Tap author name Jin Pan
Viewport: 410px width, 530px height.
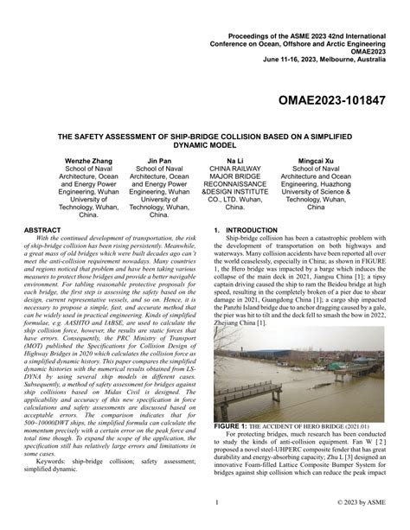click(x=159, y=162)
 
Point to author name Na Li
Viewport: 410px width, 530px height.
click(x=235, y=162)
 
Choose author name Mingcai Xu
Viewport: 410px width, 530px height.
click(x=317, y=162)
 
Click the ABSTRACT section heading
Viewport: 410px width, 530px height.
click(x=42, y=230)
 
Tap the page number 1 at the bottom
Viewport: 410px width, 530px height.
click(x=215, y=501)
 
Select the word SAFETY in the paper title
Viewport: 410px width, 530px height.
click(x=91, y=136)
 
